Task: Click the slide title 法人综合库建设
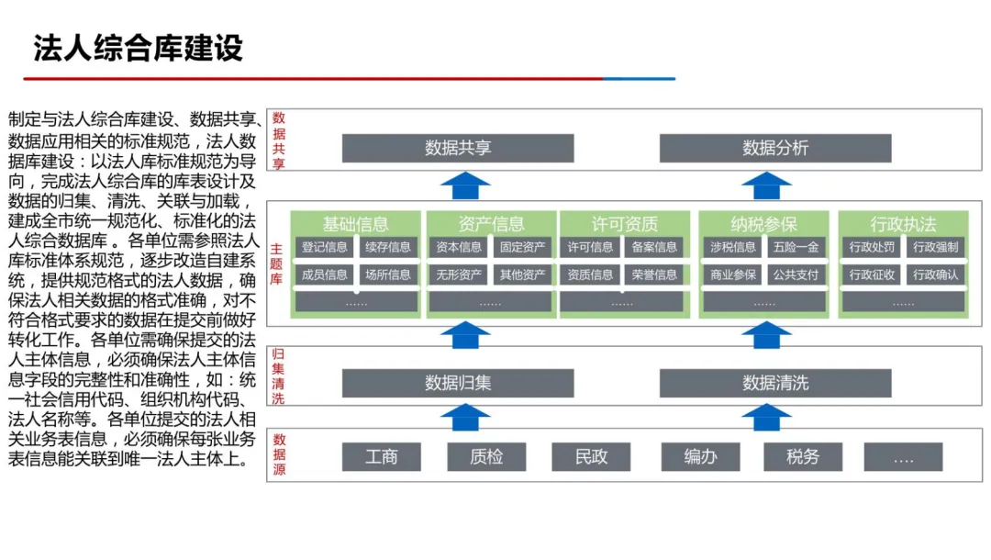coord(139,48)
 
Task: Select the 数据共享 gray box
coord(458,148)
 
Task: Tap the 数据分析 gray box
coord(775,148)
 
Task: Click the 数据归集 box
coord(458,383)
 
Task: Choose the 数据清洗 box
coord(775,383)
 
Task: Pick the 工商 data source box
coord(382,456)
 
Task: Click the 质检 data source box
coord(486,456)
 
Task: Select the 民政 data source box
coord(592,456)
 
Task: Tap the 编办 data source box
coord(700,456)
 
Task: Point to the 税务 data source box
coord(803,456)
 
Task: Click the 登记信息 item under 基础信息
coord(325,247)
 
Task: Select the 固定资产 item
coord(522,247)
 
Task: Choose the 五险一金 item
coord(796,247)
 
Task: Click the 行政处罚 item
coord(872,247)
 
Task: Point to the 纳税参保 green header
coord(764,223)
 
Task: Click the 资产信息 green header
coord(491,223)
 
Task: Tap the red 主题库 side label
coord(277,263)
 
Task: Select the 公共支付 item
coord(796,274)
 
